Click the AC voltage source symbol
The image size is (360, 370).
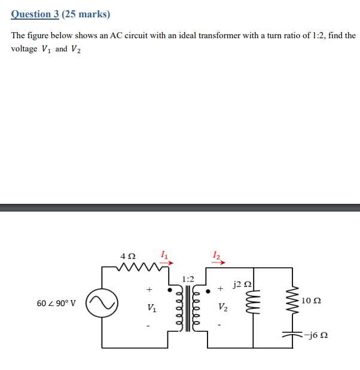pyautogui.click(x=102, y=304)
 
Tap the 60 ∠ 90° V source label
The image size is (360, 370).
pyautogui.click(x=56, y=304)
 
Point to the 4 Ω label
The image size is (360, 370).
pyautogui.click(x=127, y=256)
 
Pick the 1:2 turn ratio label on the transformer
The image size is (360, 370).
pyautogui.click(x=188, y=279)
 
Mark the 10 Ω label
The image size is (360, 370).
pyautogui.click(x=311, y=300)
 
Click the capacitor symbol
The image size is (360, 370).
pyautogui.click(x=293, y=335)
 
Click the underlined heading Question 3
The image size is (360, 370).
pyautogui.click(x=35, y=14)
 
